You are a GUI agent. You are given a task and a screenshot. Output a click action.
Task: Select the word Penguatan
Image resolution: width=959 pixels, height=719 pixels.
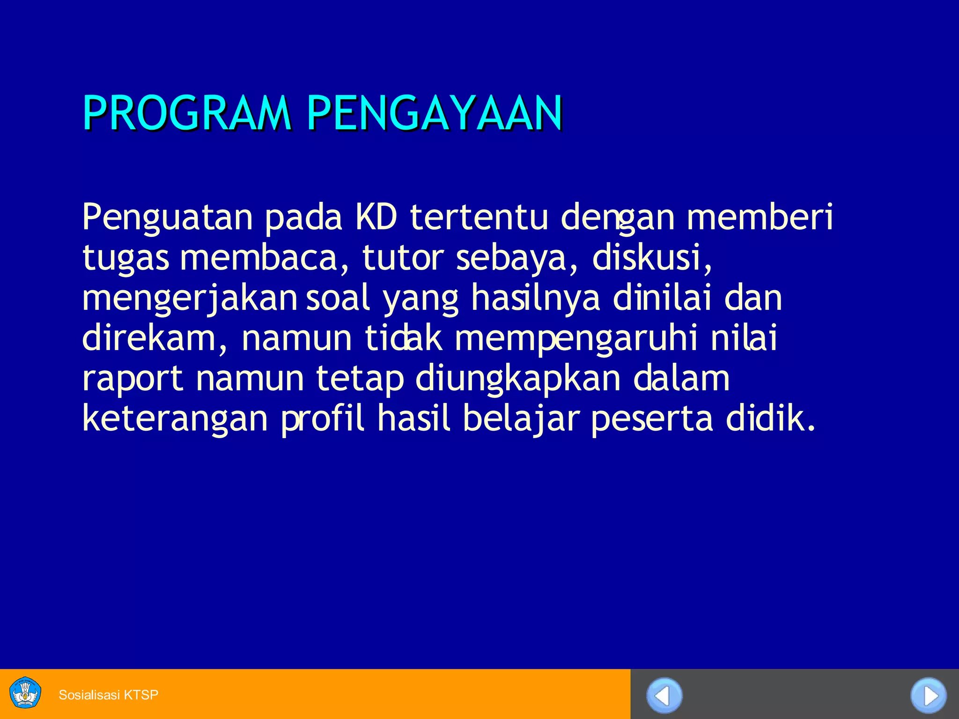pos(167,218)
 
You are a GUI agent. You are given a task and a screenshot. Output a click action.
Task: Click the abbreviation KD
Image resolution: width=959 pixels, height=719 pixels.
pos(376,217)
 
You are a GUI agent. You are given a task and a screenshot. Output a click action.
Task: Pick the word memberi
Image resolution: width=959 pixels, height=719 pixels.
pos(760,217)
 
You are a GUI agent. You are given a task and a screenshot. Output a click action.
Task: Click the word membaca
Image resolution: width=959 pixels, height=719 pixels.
pos(258,258)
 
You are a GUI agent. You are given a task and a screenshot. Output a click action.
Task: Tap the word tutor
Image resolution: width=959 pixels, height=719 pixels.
pos(403,258)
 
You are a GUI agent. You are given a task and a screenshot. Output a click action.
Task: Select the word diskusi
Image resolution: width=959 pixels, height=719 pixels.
pos(651,258)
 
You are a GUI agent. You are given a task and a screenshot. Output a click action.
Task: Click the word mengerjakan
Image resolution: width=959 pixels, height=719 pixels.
pos(190,299)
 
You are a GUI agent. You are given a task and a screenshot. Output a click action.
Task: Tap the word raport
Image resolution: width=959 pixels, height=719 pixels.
pos(133,379)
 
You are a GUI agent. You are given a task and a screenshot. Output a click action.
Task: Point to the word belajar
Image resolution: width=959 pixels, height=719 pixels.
pos(521,419)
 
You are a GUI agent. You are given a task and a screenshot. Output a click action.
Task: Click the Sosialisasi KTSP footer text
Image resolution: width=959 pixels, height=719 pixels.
pos(109,695)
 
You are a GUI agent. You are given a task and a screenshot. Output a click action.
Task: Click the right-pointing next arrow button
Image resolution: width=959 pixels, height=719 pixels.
pos(928,696)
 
